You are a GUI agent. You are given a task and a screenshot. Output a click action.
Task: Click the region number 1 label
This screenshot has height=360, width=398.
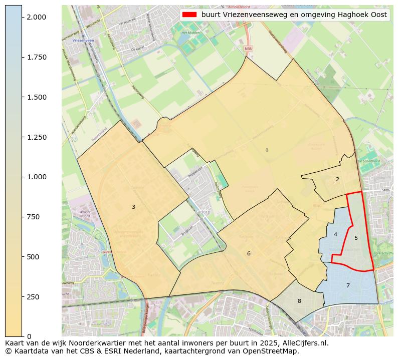[267, 150]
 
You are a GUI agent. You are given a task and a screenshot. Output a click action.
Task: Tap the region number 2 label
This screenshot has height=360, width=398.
[337, 179]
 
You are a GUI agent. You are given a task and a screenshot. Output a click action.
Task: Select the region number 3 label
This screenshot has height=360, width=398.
[133, 207]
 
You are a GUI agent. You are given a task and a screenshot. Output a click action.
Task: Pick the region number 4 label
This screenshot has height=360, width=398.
[335, 234]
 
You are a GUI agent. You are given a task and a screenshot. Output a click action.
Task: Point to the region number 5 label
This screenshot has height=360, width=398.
[356, 238]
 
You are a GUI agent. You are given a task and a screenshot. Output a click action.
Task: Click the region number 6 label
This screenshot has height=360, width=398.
[249, 253]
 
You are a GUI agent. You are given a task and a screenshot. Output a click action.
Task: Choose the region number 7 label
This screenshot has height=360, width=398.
[348, 285]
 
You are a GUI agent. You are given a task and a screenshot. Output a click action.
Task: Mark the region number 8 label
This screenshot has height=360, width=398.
[299, 301]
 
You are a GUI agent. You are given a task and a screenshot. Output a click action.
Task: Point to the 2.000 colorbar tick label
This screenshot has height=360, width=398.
[36, 17]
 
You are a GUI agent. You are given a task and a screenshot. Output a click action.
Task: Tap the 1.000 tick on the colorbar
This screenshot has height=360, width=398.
[36, 177]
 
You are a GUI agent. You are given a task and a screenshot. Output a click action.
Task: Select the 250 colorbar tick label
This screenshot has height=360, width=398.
[33, 297]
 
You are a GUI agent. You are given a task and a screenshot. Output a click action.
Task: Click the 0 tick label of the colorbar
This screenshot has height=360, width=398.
[28, 336]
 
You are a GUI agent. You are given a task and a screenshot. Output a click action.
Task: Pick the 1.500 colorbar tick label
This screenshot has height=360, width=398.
[36, 97]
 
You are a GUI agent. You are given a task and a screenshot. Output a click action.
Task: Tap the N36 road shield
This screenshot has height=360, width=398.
[248, 49]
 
